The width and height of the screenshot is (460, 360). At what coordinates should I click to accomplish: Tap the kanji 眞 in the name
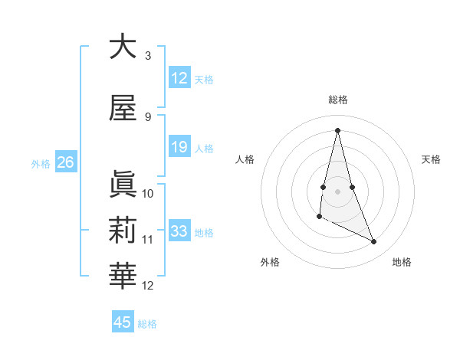pos(123,184)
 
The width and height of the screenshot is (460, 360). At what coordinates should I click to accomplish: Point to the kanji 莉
pos(123,231)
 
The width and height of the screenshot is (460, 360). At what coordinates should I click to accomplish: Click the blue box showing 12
pos(179,77)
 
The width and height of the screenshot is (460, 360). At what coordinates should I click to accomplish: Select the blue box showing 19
pos(179,147)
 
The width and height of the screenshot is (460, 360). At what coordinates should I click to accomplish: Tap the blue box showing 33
pos(179,231)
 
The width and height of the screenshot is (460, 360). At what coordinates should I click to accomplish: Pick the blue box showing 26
pos(65,162)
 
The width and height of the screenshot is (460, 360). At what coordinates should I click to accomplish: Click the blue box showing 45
pos(123,322)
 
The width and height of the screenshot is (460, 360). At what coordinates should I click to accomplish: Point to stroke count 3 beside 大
pos(148,55)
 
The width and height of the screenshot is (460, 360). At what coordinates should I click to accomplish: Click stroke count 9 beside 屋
pos(148,116)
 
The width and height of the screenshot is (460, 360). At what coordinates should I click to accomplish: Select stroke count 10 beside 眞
pos(148,193)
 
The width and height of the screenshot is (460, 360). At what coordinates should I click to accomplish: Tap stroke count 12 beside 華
pos(148,286)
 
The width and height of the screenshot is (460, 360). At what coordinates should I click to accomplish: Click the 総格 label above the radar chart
pos(338,100)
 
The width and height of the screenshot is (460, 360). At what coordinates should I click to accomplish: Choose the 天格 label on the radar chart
pos(431,159)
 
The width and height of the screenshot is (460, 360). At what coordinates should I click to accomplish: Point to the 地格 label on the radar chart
pos(402,262)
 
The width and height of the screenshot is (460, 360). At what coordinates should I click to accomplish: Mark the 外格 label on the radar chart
pos(270,262)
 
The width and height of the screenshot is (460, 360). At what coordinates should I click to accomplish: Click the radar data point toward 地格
pos(374,242)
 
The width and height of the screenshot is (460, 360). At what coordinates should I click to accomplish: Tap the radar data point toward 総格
pos(337,130)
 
